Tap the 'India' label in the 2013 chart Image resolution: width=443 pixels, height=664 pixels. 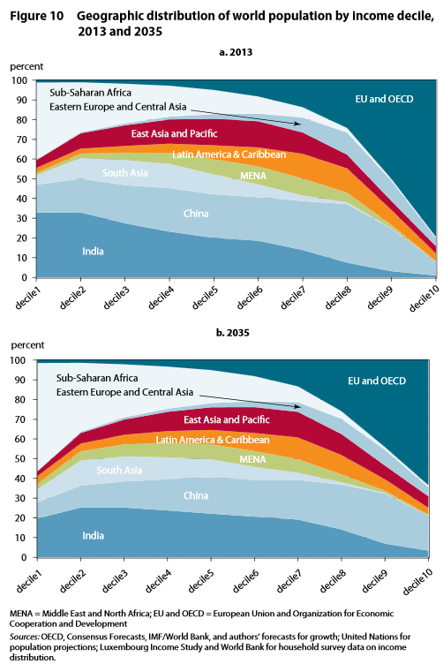[x=92, y=252]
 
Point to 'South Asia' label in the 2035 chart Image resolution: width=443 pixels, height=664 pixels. [x=120, y=470]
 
